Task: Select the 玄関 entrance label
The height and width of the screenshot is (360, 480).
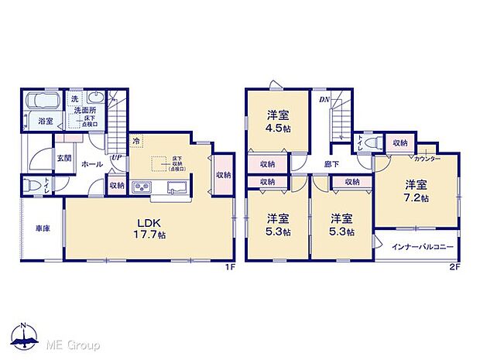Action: pyautogui.click(x=63, y=158)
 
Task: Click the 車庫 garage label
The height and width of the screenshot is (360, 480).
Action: pyautogui.click(x=43, y=230)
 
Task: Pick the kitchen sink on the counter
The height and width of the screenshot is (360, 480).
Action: pyautogui.click(x=174, y=187)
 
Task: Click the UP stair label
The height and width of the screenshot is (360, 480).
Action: pyautogui.click(x=117, y=158)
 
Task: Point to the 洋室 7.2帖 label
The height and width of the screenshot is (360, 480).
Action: pyautogui.click(x=416, y=191)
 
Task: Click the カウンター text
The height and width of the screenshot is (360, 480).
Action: pyautogui.click(x=427, y=159)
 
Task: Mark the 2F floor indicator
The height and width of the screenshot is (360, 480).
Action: pyautogui.click(x=454, y=267)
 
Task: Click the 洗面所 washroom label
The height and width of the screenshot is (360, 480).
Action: pyautogui.click(x=85, y=111)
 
